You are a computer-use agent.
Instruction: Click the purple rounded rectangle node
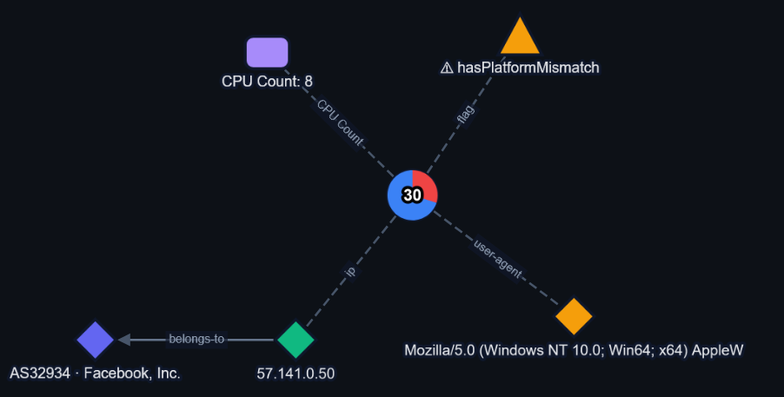[268, 52]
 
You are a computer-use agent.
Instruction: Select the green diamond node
[296, 340]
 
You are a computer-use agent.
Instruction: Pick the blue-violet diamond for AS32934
[96, 340]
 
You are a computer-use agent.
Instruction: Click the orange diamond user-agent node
[574, 316]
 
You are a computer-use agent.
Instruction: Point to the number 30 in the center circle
[413, 195]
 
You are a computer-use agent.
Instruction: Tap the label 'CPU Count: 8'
[268, 81]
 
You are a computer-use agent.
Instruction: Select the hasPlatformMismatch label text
[528, 68]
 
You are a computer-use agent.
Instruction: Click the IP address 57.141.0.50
[296, 373]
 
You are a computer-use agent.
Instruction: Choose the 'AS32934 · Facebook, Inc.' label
[95, 373]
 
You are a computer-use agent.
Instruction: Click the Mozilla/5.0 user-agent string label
[574, 350]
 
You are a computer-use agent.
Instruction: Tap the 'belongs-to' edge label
[196, 339]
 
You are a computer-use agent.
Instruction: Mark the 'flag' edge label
[465, 114]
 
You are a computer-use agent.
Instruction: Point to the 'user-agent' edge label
[497, 259]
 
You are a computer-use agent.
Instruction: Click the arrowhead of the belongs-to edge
[124, 340]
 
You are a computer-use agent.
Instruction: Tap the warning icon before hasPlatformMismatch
[447, 68]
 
